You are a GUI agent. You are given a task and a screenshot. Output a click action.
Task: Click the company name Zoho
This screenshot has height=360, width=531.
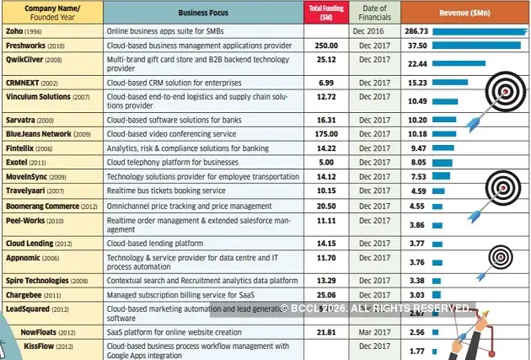tap(14, 30)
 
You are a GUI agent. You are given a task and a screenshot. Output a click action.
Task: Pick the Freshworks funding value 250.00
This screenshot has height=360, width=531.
tap(325, 46)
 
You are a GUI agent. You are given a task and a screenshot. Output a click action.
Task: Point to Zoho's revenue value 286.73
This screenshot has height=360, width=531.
tap(416, 30)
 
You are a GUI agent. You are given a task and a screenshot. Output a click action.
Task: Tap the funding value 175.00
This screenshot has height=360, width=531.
tap(325, 133)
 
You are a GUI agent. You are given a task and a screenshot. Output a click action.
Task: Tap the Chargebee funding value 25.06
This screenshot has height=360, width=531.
tap(325, 295)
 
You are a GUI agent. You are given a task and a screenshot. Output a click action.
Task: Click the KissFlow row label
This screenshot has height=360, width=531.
tap(39, 346)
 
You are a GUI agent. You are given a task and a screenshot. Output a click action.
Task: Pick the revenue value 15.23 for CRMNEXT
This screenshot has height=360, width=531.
tap(417, 83)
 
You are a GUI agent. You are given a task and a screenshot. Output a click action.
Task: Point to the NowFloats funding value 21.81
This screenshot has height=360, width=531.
tap(325, 333)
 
